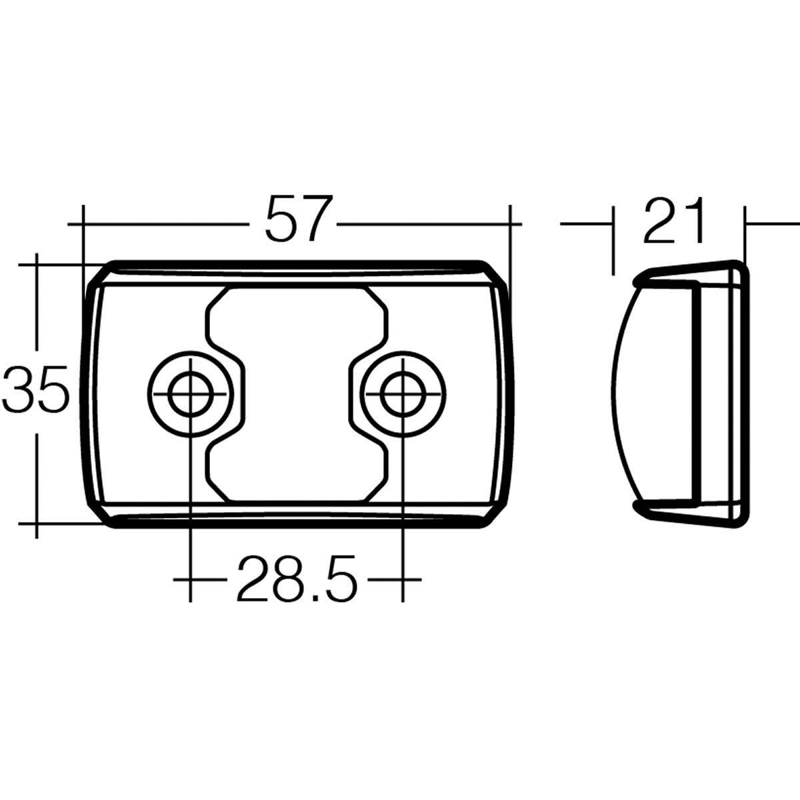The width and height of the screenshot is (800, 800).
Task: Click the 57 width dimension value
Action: pos(298,218)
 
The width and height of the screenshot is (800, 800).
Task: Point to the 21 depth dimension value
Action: pos(674,221)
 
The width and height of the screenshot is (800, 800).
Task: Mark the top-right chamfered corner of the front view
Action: pos(495,275)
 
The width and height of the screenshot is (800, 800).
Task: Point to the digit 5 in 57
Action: pos(281,218)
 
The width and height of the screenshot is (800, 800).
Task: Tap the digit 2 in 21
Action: pos(660,221)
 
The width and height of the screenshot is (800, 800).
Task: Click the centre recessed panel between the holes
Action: pos(296,393)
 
